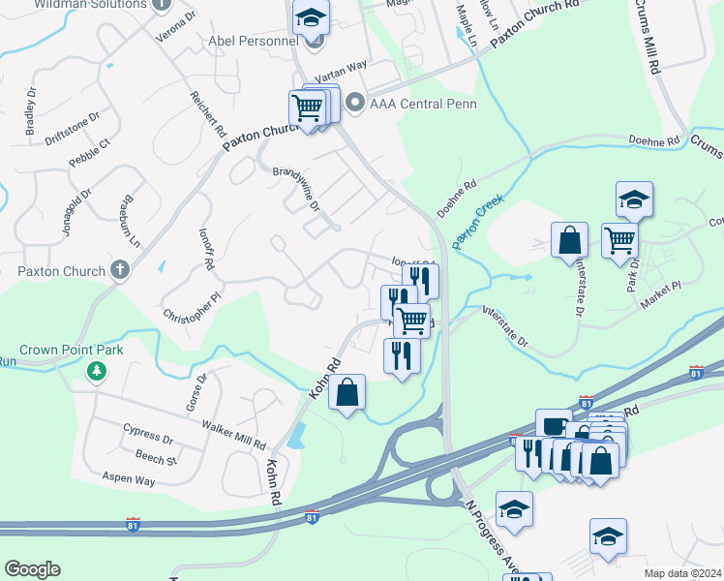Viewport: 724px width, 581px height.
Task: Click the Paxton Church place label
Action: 60,271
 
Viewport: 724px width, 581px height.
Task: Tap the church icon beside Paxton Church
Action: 120,270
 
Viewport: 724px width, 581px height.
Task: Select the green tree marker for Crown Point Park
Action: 97,370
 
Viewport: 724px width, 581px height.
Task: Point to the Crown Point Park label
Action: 72,349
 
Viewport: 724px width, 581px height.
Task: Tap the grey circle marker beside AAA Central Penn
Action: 355,102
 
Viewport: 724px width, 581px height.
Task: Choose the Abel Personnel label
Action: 254,42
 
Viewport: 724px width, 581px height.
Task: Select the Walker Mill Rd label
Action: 233,433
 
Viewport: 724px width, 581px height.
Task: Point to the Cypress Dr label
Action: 148,432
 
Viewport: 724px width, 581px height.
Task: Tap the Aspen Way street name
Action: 130,479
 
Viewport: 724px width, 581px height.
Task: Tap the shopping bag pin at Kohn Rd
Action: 347,392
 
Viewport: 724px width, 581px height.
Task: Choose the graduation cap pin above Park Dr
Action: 635,199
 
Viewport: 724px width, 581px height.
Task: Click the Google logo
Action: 33,569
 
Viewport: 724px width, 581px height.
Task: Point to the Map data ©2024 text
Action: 682,573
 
